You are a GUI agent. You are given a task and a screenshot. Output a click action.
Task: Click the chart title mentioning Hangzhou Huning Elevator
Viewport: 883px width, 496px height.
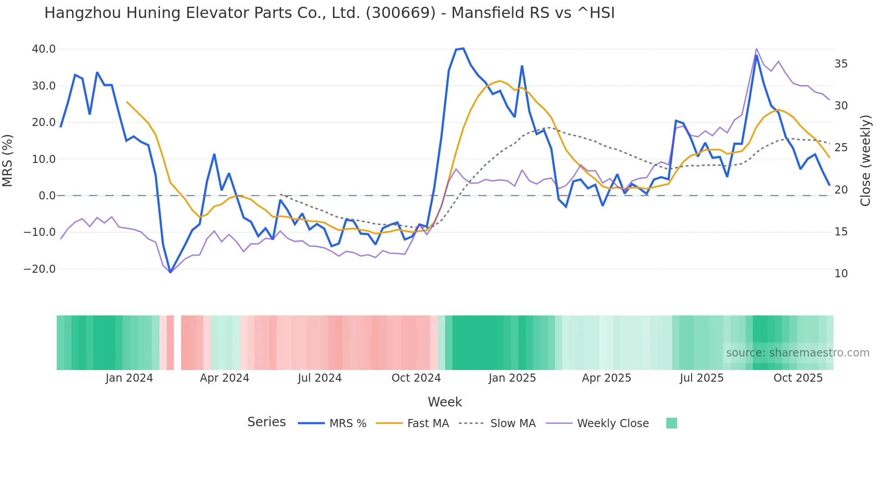click(x=329, y=13)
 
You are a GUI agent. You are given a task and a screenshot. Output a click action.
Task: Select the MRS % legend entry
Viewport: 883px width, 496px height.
click(x=347, y=424)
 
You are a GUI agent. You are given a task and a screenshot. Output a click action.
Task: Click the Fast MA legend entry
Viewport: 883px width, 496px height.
click(x=428, y=424)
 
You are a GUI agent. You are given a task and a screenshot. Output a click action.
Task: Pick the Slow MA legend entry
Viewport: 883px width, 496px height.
click(x=513, y=424)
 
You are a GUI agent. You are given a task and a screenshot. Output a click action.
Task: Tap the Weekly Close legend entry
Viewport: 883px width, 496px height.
click(x=613, y=424)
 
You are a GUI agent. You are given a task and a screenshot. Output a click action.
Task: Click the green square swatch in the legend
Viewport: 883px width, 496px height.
click(x=671, y=423)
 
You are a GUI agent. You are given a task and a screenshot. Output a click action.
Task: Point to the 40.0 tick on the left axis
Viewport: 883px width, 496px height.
click(x=44, y=49)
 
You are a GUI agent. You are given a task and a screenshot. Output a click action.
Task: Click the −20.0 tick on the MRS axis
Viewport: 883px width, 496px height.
click(x=40, y=269)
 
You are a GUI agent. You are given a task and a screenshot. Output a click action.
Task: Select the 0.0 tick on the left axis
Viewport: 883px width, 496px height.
click(x=47, y=196)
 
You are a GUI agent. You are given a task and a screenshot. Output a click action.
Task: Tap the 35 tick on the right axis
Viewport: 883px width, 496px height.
click(x=841, y=64)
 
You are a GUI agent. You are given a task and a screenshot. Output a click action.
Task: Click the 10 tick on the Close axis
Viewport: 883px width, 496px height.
click(x=841, y=274)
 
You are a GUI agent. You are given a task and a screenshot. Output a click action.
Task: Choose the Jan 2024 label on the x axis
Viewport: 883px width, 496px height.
click(x=129, y=378)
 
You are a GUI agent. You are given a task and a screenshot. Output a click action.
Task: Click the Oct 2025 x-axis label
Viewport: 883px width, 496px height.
click(x=798, y=378)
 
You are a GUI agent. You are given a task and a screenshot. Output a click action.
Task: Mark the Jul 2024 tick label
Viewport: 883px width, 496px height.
click(x=320, y=378)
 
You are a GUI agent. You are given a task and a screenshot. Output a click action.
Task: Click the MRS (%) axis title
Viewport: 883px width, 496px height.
click(x=8, y=160)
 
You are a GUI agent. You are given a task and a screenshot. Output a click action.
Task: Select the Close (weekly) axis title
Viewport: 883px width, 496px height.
click(x=865, y=160)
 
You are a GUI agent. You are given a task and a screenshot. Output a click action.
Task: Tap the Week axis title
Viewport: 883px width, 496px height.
click(x=445, y=402)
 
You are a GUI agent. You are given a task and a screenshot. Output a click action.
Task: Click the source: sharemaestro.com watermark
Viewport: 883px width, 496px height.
click(x=797, y=353)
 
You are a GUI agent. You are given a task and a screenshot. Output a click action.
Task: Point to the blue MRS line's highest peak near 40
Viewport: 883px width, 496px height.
click(x=463, y=48)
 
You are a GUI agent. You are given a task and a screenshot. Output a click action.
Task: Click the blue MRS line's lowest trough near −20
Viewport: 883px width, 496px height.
click(x=170, y=272)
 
